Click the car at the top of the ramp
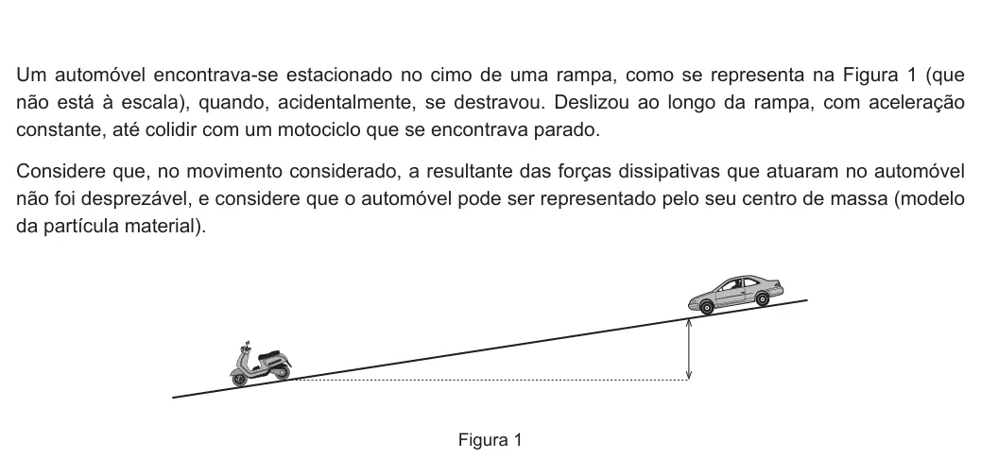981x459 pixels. pos(735,294)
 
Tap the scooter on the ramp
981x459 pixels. pos(260,365)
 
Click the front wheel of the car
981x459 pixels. pos(706,307)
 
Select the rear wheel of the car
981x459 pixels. pos(762,298)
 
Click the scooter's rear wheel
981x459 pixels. pos(282,372)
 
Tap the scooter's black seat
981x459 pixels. pos(269,356)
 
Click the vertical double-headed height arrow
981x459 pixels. pos(689,348)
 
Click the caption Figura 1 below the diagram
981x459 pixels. pos(490,439)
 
